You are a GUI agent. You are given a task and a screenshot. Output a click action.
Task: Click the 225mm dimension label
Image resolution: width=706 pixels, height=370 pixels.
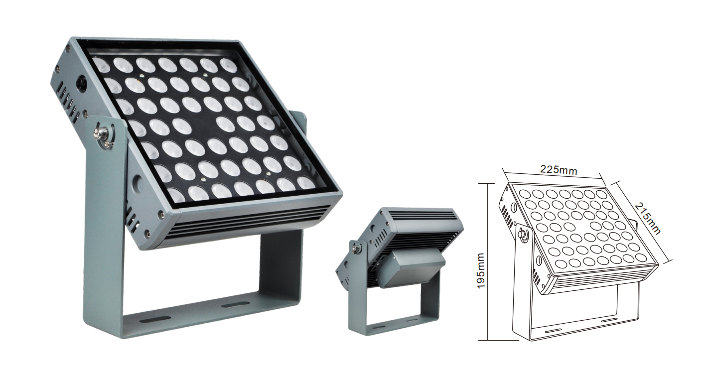tap(559, 170)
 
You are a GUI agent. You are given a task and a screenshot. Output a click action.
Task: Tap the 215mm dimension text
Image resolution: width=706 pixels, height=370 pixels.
tap(647, 218)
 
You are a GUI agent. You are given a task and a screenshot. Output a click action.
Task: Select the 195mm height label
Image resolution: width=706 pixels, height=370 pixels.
tap(480, 270)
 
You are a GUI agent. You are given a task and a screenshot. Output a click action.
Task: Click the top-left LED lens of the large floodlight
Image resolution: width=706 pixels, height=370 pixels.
tap(101, 64)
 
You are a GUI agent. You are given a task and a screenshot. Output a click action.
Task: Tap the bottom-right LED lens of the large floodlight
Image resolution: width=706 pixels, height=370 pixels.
tap(306, 183)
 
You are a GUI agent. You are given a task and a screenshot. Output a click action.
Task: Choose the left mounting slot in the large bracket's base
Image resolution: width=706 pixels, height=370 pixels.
tap(155, 320)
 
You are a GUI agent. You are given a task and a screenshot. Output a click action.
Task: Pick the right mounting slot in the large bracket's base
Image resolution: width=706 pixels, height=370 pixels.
tap(235, 304)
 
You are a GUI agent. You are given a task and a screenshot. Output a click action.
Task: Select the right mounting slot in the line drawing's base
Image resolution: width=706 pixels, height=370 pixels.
tap(609, 320)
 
